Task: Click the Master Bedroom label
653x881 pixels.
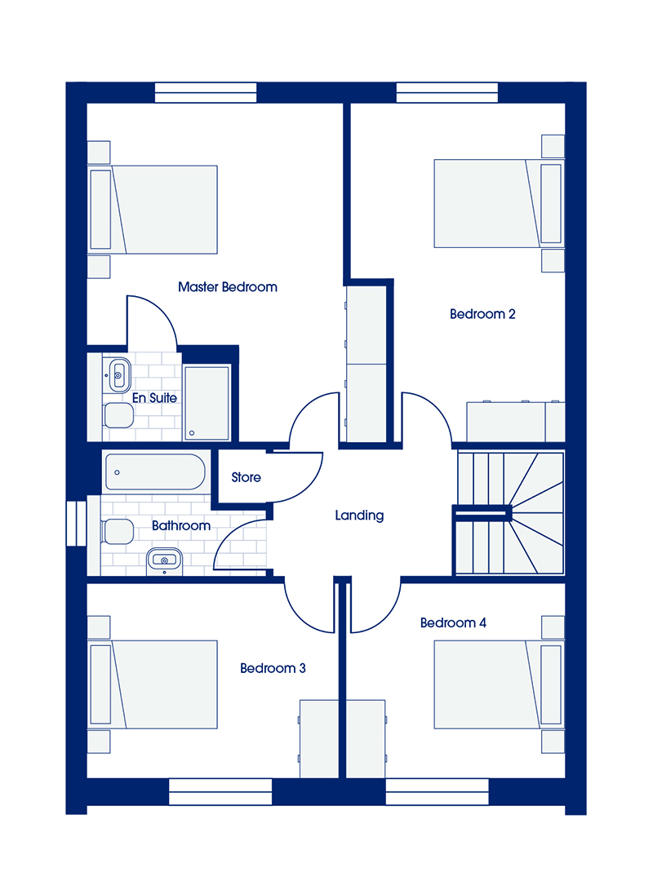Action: pos(227,287)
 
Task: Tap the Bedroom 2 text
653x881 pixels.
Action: pos(482,314)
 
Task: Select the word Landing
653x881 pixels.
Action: pos(359,516)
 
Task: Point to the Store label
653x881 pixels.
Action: pos(246,477)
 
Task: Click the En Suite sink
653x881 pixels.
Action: pos(118,374)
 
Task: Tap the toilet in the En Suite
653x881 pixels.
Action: pos(118,415)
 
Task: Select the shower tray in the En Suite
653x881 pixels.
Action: pos(207,402)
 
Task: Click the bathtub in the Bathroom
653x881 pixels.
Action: pos(155,472)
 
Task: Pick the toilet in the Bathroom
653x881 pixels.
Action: pos(117,532)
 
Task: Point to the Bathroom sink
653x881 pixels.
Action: pos(164,560)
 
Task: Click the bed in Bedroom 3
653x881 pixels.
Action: pos(153,684)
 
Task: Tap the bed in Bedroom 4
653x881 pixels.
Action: pos(499,684)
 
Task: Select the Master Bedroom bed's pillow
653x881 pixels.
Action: pos(100,210)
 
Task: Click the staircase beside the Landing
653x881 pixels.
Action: pos(510,513)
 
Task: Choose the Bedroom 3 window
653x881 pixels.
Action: pos(220,791)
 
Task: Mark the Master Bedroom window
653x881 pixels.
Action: pos(206,93)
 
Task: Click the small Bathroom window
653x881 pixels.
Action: pos(76,523)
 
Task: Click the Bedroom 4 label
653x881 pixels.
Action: pos(453,622)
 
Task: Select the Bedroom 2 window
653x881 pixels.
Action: pos(447,93)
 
